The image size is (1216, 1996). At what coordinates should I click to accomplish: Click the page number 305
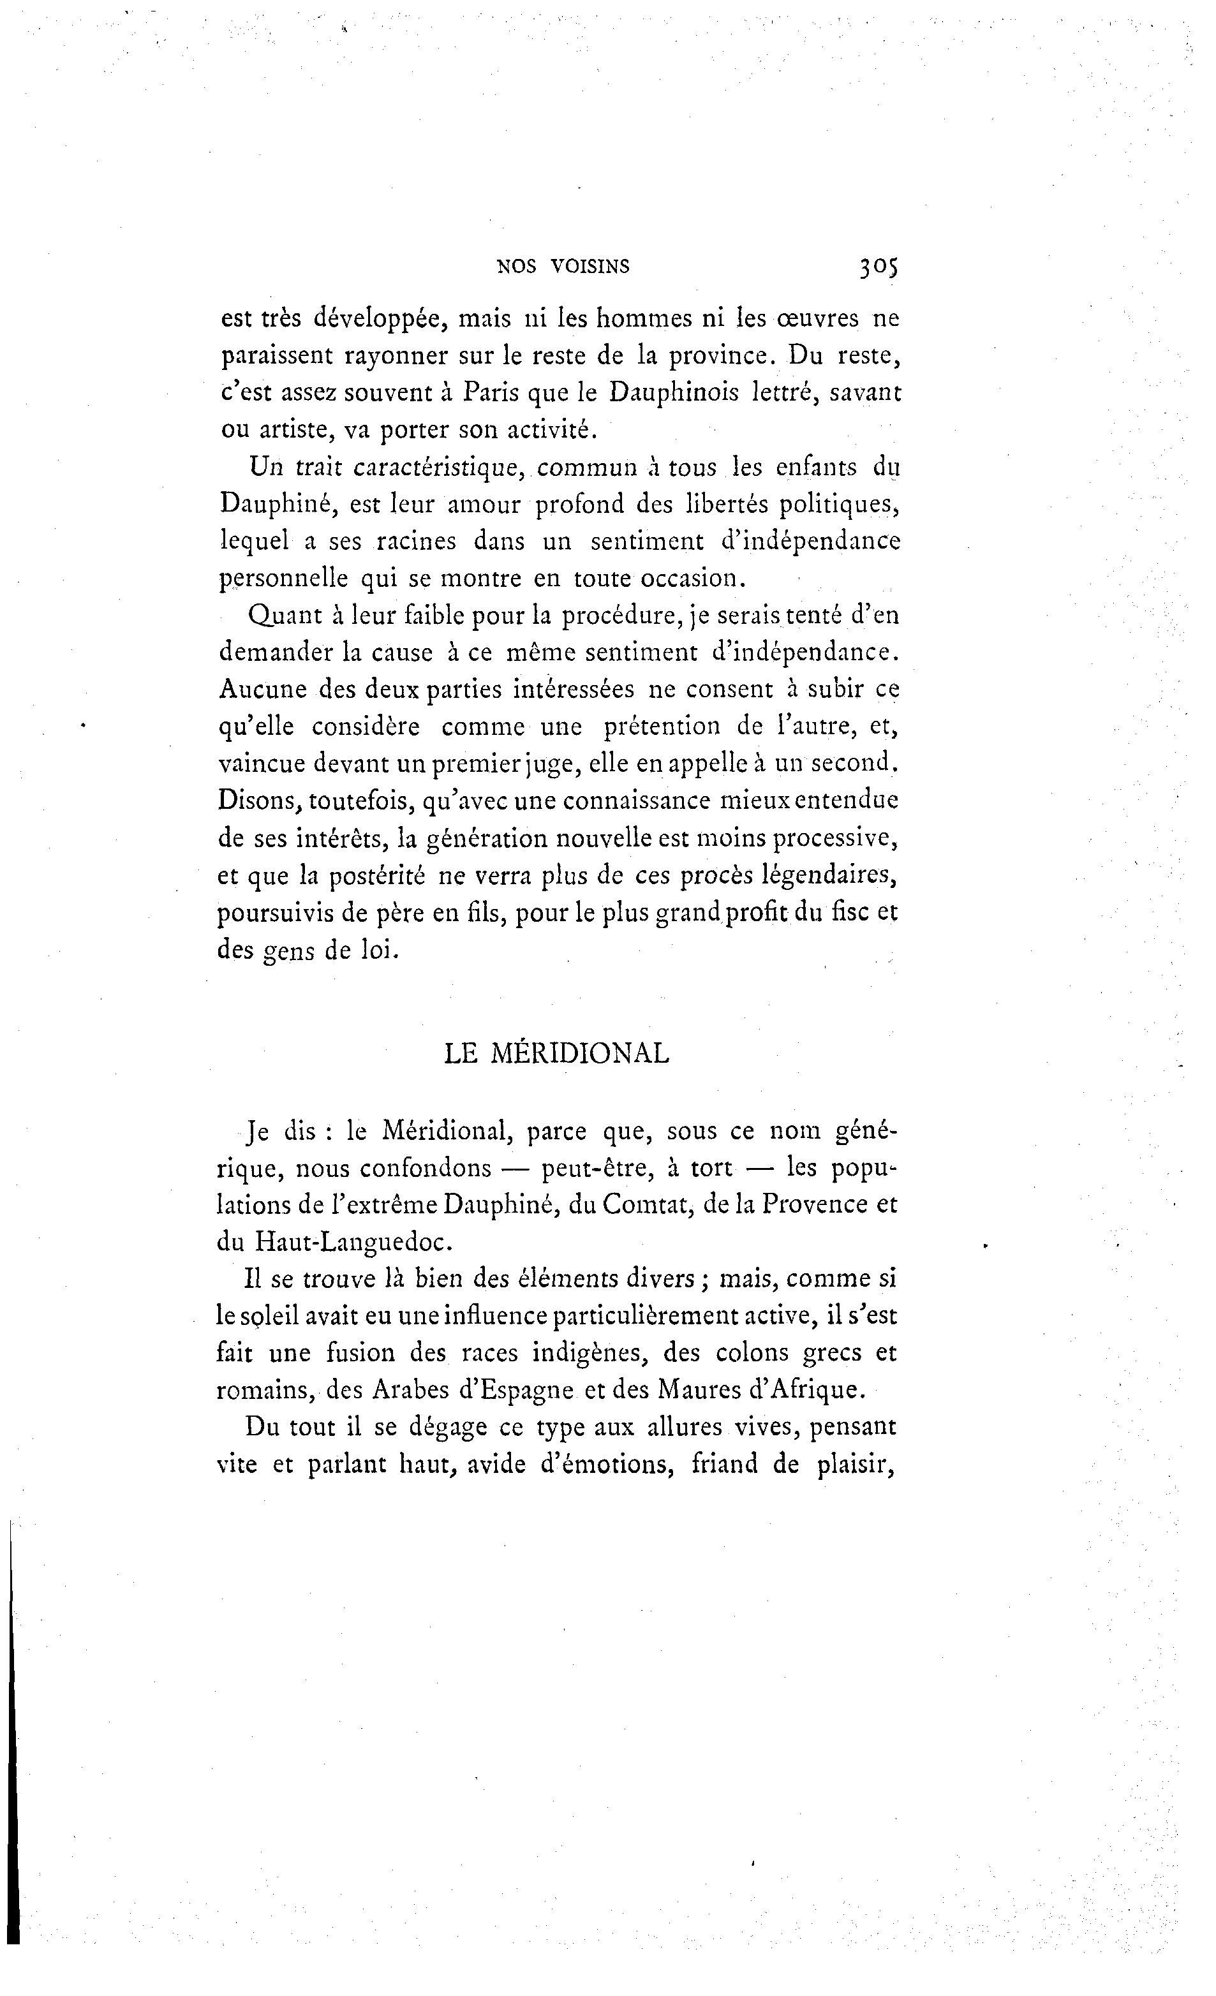point(877,267)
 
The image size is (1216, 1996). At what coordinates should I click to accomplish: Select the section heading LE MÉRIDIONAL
point(556,1053)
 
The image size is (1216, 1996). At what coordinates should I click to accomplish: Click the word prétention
point(662,726)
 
